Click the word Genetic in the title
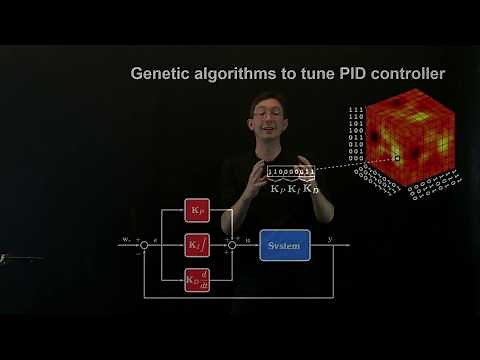tap(161, 74)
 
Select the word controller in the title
tap(402, 74)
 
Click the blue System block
tap(284, 244)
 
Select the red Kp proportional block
tap(197, 210)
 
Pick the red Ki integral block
tap(197, 244)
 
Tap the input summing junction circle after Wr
tap(144, 244)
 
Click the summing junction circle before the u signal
tap(232, 244)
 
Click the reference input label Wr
tap(126, 239)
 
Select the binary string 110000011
tap(291, 171)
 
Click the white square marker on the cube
tap(397, 158)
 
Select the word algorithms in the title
tap(233, 74)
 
